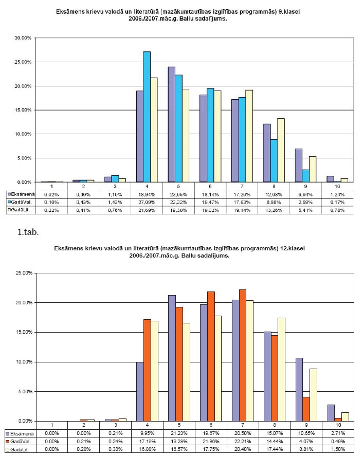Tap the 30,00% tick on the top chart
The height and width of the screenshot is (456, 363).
click(24, 38)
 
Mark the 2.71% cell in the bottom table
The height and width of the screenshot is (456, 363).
click(338, 433)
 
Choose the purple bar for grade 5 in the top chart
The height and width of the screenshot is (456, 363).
click(171, 124)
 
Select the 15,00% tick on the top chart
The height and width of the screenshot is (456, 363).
click(24, 110)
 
